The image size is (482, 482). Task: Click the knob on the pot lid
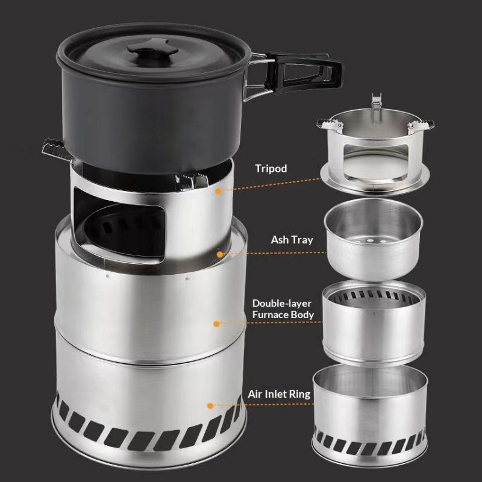click(153, 49)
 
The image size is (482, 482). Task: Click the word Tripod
click(271, 169)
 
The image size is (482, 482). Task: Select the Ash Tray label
click(292, 240)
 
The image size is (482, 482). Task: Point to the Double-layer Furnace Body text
click(283, 309)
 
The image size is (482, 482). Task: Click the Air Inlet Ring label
click(279, 394)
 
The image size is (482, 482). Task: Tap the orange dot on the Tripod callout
click(218, 192)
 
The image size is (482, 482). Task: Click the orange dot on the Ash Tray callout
click(220, 254)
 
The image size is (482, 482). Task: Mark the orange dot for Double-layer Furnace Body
click(216, 324)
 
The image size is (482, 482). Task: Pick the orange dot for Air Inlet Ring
click(210, 405)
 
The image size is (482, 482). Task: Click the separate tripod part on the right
click(375, 148)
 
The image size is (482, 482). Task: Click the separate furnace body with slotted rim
click(374, 323)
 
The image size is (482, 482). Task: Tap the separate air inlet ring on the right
click(370, 415)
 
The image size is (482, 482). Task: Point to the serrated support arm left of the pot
click(57, 149)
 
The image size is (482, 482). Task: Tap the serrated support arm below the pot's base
click(192, 180)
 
